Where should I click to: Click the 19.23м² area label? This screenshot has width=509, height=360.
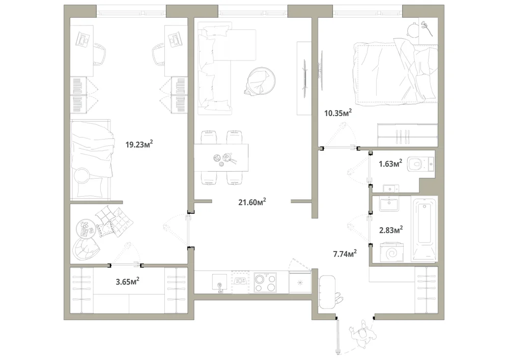pyautogui.click(x=139, y=144)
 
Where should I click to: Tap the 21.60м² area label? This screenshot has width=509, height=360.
pyautogui.click(x=252, y=202)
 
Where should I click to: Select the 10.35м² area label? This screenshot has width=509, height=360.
pyautogui.click(x=338, y=113)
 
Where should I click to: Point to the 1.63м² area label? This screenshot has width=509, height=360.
pyautogui.click(x=390, y=163)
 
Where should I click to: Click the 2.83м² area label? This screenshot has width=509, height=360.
pyautogui.click(x=391, y=230)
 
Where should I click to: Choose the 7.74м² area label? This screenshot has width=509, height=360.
pyautogui.click(x=345, y=253)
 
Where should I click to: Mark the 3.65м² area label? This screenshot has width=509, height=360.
pyautogui.click(x=128, y=281)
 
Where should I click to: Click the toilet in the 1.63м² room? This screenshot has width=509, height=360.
pyautogui.click(x=420, y=163)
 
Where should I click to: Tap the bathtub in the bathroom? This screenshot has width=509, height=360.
pyautogui.click(x=425, y=229)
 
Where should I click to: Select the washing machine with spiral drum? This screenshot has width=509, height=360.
pyautogui.click(x=392, y=252)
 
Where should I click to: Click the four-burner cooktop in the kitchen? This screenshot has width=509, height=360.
pyautogui.click(x=265, y=283)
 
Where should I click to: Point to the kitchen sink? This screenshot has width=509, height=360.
pyautogui.click(x=220, y=282)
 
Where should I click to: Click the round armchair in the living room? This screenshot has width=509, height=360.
pyautogui.click(x=261, y=81)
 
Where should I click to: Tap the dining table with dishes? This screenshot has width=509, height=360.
pyautogui.click(x=221, y=157)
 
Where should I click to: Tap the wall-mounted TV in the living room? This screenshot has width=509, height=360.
pyautogui.click(x=304, y=78)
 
